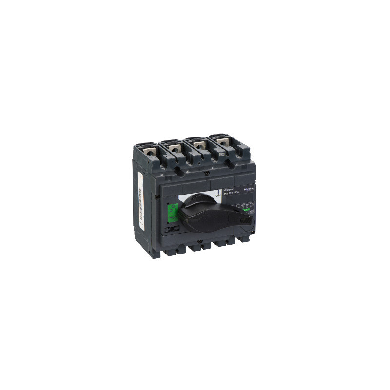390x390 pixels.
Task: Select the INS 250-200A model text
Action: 232,195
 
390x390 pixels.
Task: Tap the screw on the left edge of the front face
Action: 156,196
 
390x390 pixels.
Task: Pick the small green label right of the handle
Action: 247,211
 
